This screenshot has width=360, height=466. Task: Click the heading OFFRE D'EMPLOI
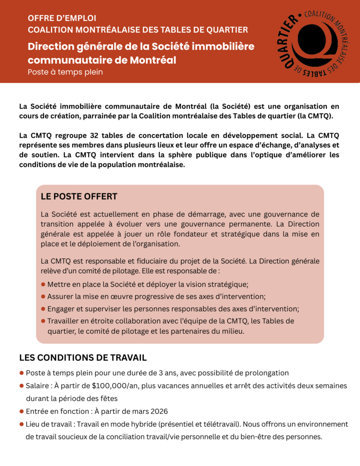point(62,18)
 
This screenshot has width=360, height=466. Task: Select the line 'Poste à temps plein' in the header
point(65,71)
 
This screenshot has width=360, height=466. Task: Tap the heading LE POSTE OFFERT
point(79,197)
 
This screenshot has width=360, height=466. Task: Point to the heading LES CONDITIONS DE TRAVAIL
point(83,358)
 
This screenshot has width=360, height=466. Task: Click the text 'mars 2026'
point(152,411)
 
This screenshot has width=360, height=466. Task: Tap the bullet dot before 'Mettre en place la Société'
point(43,284)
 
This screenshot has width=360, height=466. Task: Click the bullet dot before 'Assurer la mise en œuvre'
point(43,296)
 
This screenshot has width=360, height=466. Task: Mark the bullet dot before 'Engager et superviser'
point(43,309)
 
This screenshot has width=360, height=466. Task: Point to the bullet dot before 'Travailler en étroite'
point(43,321)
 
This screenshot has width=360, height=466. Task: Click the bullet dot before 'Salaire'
point(21,386)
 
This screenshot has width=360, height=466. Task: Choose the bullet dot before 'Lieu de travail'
point(21,424)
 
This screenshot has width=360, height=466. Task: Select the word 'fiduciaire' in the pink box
point(143,261)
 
